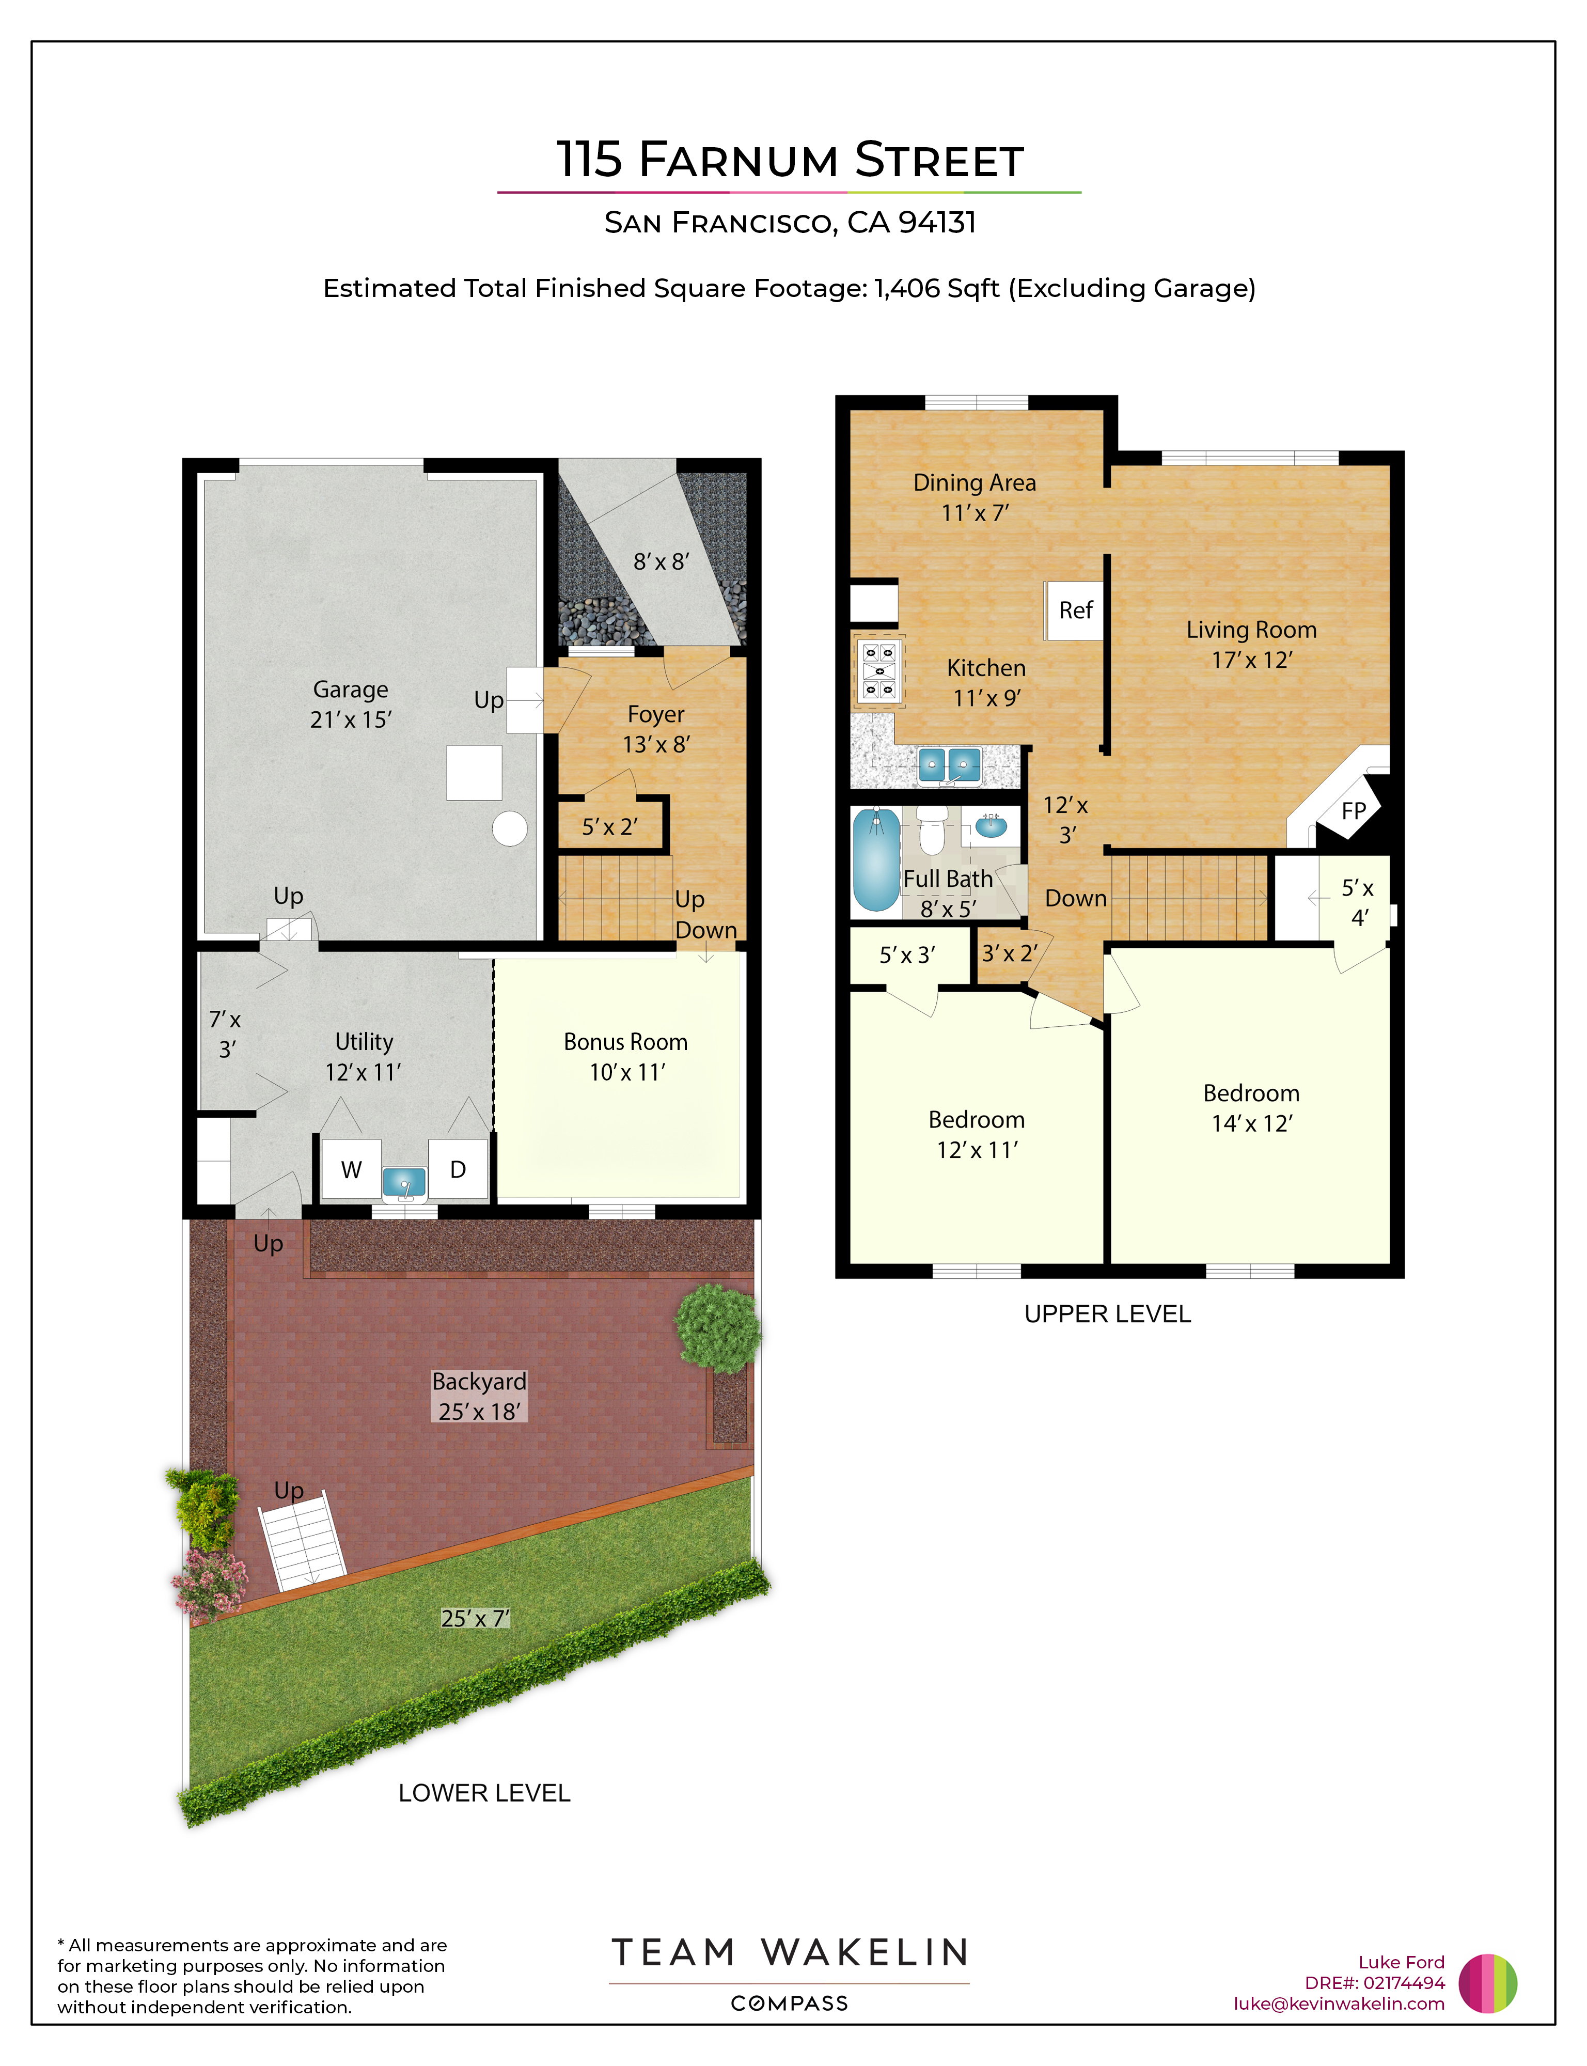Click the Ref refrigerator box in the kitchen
pyautogui.click(x=1074, y=611)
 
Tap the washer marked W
pyautogui.click(x=351, y=1169)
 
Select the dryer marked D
pyautogui.click(x=458, y=1169)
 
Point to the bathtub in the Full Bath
pyautogui.click(x=876, y=859)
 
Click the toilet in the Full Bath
pyautogui.click(x=932, y=829)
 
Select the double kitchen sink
pyautogui.click(x=949, y=764)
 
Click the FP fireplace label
pyautogui.click(x=1354, y=810)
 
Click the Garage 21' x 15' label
pyautogui.click(x=351, y=705)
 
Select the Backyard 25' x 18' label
pyautogui.click(x=479, y=1396)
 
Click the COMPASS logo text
pyautogui.click(x=790, y=2004)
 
